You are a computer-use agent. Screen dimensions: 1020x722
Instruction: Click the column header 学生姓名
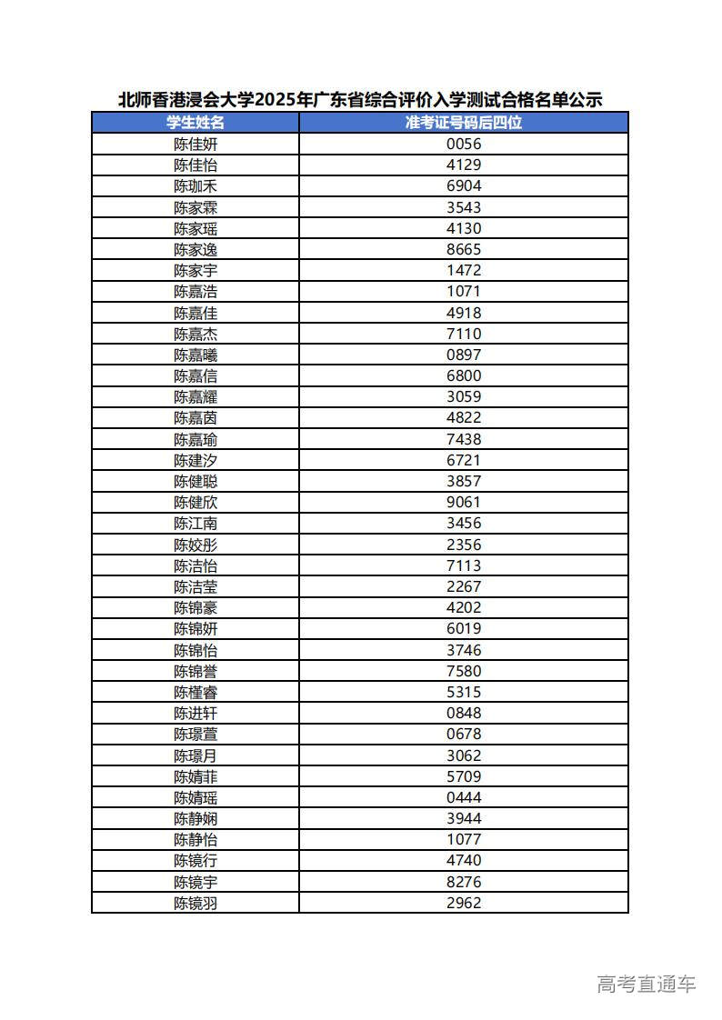point(196,123)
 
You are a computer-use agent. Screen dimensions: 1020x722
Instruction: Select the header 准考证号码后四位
point(464,123)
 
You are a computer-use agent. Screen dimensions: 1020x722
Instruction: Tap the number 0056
point(464,144)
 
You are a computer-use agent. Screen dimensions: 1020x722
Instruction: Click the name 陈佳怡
point(196,165)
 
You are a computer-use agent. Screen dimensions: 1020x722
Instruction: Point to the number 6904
point(464,185)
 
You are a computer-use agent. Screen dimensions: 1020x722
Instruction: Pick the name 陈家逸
point(196,249)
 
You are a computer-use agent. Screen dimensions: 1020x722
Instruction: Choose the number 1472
point(464,270)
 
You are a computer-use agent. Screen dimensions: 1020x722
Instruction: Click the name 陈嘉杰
point(196,334)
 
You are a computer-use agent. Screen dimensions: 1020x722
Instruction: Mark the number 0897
point(464,355)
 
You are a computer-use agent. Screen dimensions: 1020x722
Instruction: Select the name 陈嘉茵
point(196,418)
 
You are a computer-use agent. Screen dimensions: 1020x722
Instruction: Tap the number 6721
point(464,460)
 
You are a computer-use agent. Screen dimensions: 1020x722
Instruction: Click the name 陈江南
point(196,524)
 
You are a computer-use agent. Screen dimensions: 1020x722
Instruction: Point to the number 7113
point(464,565)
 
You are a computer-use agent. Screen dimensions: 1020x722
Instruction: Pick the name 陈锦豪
point(196,608)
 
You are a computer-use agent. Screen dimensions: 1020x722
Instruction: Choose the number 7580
point(464,671)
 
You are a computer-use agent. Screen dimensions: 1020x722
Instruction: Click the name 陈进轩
point(196,714)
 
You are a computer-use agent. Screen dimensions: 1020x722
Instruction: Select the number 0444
point(464,797)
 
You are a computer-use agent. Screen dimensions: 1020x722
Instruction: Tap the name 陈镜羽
point(196,903)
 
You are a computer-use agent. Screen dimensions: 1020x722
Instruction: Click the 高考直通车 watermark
point(647,984)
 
